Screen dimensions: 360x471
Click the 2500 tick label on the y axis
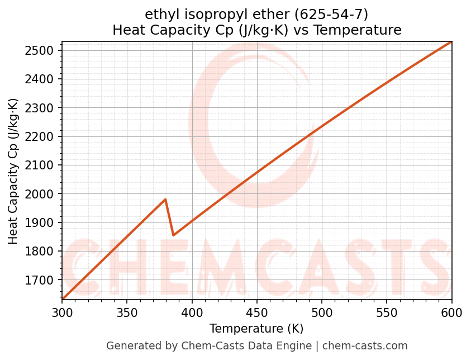tap(43, 50)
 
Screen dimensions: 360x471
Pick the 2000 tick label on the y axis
tap(43, 194)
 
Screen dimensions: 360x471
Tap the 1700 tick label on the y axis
tap(43, 280)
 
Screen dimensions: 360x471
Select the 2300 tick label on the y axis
tap(43, 108)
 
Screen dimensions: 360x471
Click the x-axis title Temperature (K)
tap(256, 329)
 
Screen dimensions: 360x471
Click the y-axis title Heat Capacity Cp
tap(13, 170)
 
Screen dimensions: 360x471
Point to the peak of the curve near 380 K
tap(165, 199)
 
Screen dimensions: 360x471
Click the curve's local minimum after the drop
tap(174, 235)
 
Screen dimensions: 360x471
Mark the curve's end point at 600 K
tap(451, 42)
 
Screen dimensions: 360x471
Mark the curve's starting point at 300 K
tap(63, 299)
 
